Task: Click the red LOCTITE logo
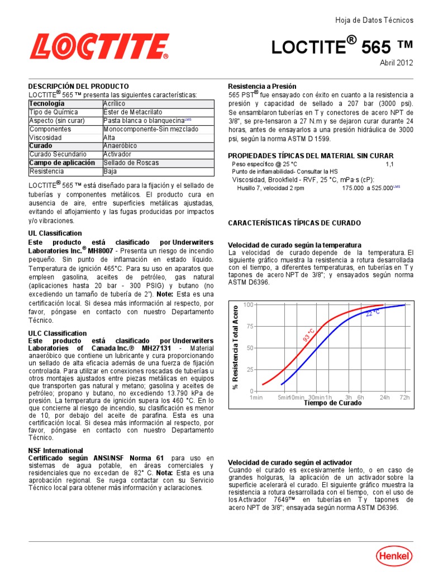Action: point(99,46)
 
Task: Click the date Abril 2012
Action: point(397,63)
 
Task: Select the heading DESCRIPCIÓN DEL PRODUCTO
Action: point(79,87)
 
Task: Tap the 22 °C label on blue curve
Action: point(373,313)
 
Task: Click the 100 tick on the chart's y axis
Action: point(249,305)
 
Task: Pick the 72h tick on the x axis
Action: point(405,397)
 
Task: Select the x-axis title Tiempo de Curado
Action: point(332,403)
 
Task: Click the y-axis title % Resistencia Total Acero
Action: point(236,347)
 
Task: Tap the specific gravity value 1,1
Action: point(389,164)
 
